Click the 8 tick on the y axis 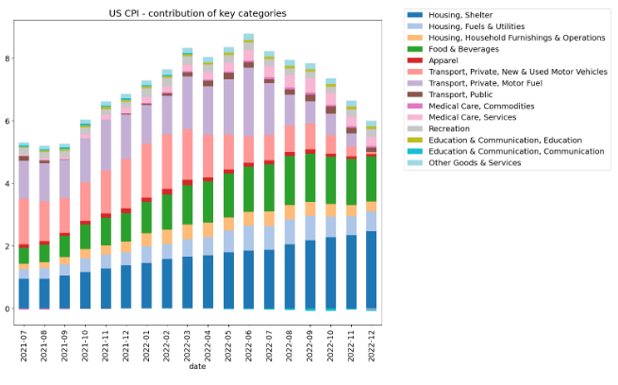click(x=8, y=59)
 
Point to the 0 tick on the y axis click(x=8, y=310)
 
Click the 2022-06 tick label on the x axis click(x=249, y=346)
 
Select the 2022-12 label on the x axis click(x=372, y=346)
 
